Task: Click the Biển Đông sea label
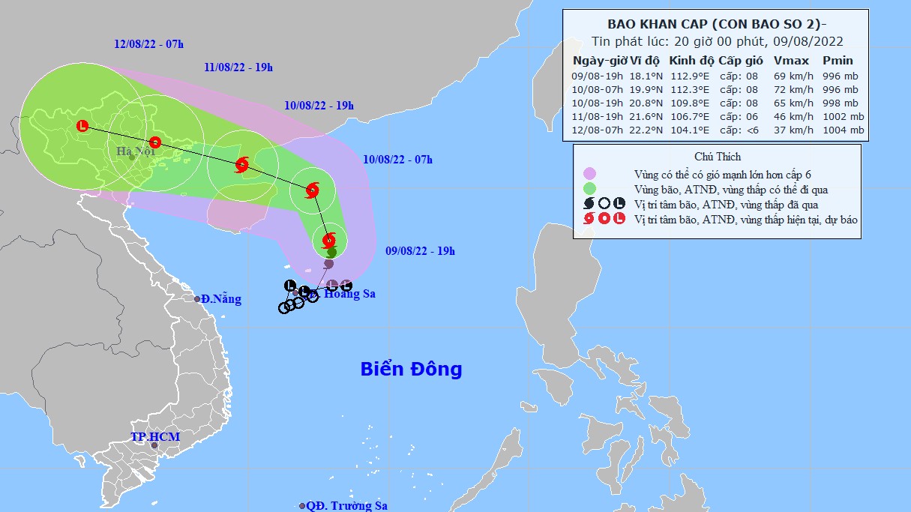click(x=411, y=369)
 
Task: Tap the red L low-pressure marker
click(x=82, y=127)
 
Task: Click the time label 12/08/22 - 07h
click(x=149, y=44)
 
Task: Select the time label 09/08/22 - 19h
click(x=419, y=251)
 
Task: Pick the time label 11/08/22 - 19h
click(x=238, y=68)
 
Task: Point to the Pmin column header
click(x=837, y=61)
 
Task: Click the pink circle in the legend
click(x=589, y=174)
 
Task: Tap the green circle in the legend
click(x=589, y=189)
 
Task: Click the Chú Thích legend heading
click(x=717, y=157)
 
